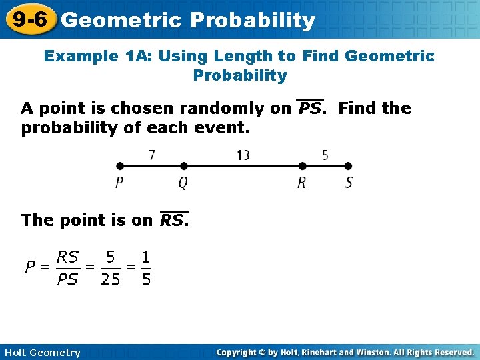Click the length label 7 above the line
(x=152, y=155)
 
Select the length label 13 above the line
(x=243, y=155)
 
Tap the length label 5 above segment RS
(x=325, y=155)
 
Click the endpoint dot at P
(x=119, y=166)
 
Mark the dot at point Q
(x=184, y=166)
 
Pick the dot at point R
(x=302, y=166)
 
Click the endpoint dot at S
(x=348, y=166)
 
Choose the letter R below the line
(x=302, y=182)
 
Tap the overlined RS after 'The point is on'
(x=173, y=220)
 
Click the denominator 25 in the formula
(x=110, y=279)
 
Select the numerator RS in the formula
(x=67, y=257)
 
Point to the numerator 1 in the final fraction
(x=145, y=257)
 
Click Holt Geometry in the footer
(x=41, y=353)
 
